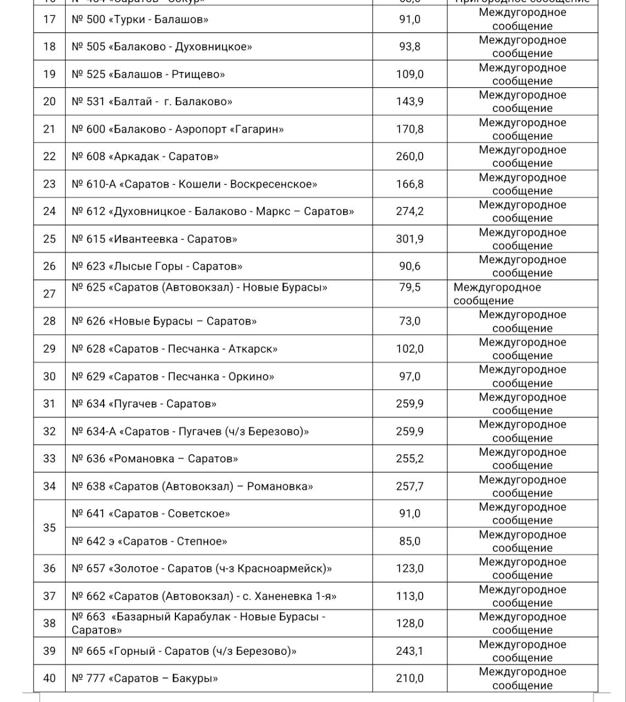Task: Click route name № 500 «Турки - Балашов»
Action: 140,20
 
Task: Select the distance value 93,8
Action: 409,47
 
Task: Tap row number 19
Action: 49,75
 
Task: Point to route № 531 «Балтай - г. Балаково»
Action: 152,102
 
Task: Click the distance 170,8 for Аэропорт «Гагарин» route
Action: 409,129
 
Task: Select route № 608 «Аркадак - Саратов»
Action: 145,157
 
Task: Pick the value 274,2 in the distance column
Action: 409,212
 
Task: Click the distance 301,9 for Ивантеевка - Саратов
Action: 409,239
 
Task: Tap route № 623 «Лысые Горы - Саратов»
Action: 157,267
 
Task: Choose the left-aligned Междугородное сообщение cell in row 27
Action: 497,294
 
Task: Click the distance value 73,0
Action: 409,321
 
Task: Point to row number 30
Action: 49,376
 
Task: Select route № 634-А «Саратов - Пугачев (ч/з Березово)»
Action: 190,432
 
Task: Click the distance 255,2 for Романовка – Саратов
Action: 409,459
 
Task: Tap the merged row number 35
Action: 49,528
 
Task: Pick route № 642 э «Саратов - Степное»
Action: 149,541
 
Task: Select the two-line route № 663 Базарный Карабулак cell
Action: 198,623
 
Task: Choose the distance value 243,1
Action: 409,652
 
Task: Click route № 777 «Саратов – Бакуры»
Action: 145,679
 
